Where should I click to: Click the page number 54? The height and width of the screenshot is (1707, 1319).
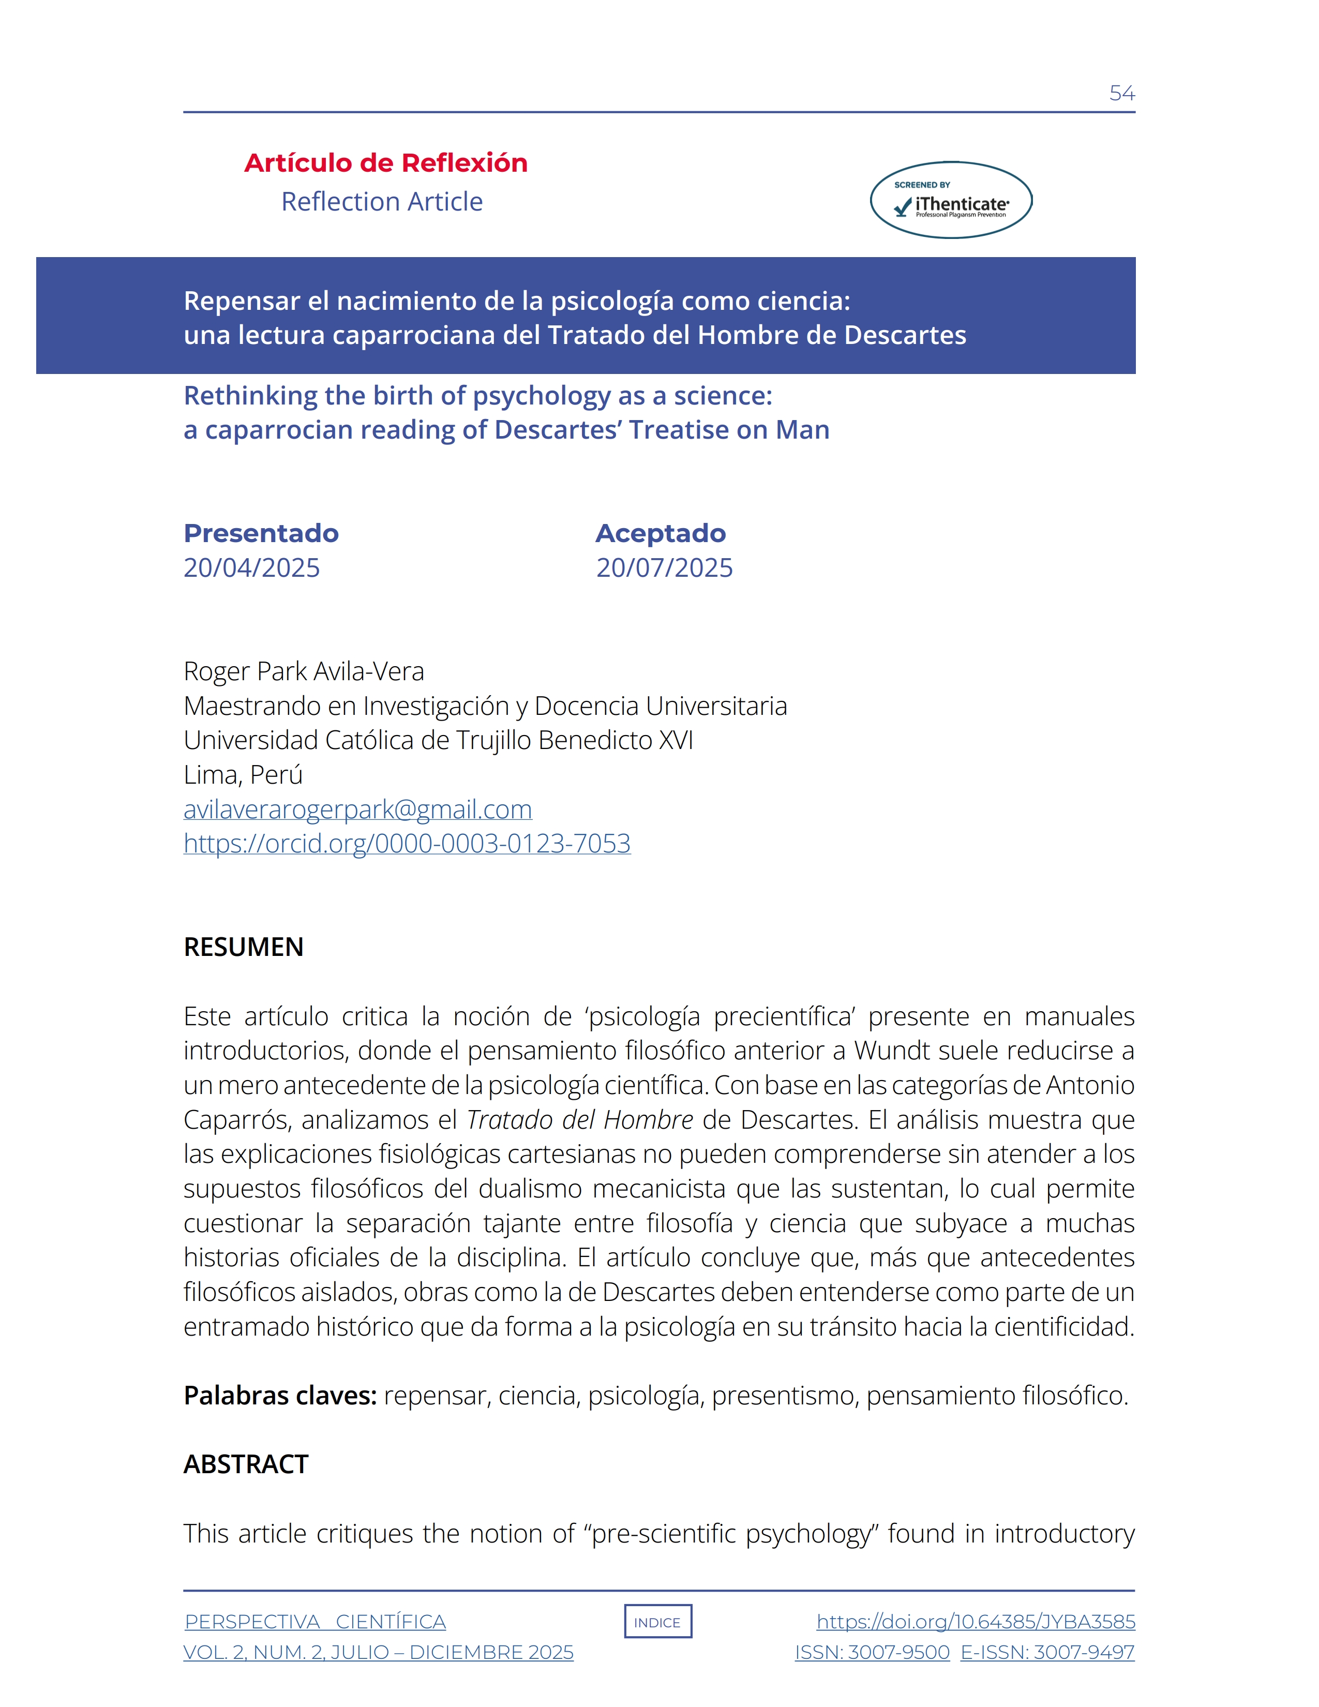point(1121,93)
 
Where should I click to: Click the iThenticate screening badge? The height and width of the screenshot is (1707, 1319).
point(951,200)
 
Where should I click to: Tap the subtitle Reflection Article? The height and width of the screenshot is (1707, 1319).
point(382,202)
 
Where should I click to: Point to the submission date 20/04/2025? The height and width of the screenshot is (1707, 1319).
point(251,567)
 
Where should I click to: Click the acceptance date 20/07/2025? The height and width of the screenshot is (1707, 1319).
point(664,567)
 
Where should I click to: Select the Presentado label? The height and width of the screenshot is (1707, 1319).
point(261,533)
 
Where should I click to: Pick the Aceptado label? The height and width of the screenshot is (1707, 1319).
point(661,533)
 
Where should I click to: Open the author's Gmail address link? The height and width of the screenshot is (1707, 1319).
point(358,809)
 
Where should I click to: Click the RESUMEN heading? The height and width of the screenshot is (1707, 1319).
point(244,947)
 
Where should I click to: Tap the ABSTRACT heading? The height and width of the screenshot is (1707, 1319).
point(246,1464)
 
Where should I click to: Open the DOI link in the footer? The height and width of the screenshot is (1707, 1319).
point(976,1622)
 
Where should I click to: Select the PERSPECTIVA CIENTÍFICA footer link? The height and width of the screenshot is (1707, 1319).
point(316,1622)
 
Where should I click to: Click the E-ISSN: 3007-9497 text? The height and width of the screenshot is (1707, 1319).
point(1047,1652)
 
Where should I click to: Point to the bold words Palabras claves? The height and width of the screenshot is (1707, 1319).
point(280,1395)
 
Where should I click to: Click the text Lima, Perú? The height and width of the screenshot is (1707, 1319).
point(243,774)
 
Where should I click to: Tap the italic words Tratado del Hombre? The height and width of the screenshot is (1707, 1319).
point(580,1119)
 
